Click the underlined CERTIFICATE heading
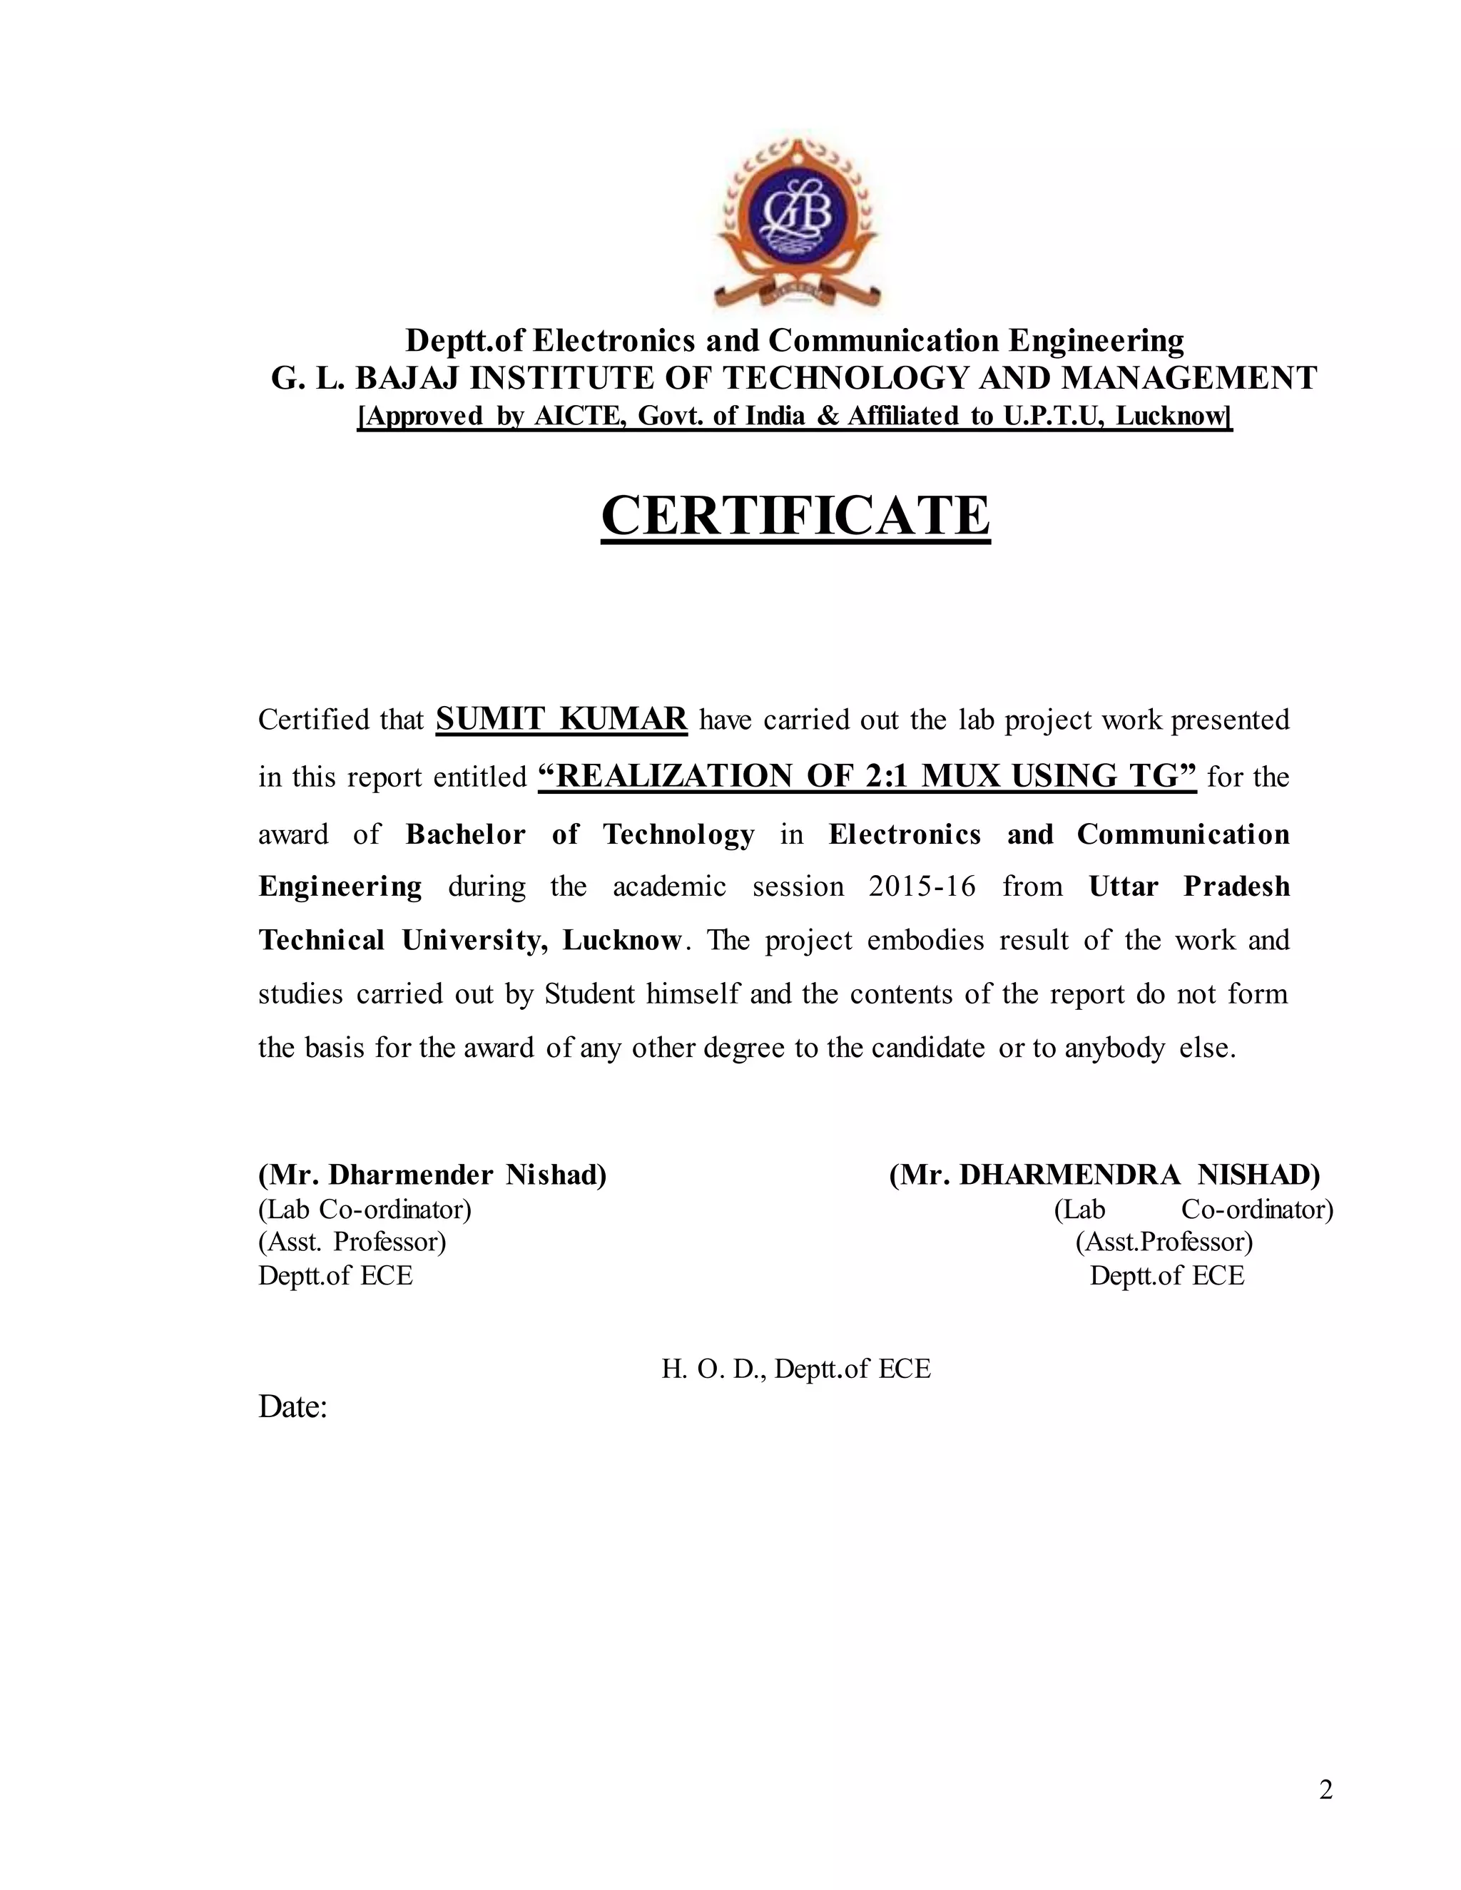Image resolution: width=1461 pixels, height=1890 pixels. [795, 516]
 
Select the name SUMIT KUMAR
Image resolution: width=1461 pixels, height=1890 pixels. [561, 718]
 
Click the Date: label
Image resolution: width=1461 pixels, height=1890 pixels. [292, 1406]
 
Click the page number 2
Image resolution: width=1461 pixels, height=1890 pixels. [1325, 1789]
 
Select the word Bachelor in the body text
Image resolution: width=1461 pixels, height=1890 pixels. [466, 834]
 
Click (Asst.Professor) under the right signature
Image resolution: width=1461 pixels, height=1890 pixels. [1164, 1242]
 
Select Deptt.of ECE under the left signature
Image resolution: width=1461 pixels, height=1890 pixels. [336, 1276]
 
